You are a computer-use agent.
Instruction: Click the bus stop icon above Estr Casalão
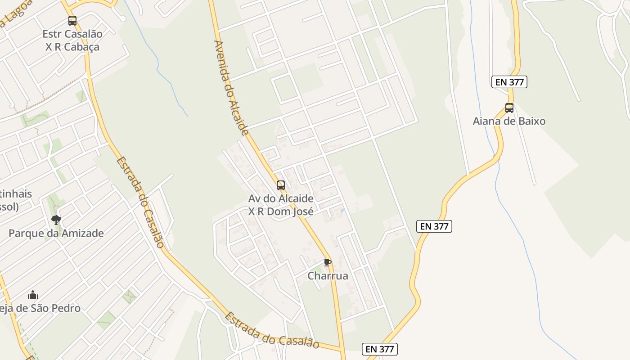point(72,20)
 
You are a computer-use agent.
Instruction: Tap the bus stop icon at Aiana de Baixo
point(509,108)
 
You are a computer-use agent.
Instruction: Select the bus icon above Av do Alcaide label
point(281,185)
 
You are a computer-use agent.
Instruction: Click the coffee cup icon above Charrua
point(328,262)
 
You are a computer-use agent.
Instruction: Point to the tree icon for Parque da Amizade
point(56,220)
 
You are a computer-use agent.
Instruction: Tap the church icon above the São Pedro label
point(33,295)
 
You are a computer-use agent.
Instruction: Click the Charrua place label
point(328,276)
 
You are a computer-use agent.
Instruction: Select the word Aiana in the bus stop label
point(486,121)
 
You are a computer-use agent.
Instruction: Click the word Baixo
point(531,121)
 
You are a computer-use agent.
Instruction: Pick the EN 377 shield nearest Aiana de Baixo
point(509,82)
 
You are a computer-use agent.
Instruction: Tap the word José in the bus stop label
point(301,211)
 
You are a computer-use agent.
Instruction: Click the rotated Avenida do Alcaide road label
point(231,88)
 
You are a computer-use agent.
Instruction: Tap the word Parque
point(25,233)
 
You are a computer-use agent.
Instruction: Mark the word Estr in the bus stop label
point(53,34)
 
